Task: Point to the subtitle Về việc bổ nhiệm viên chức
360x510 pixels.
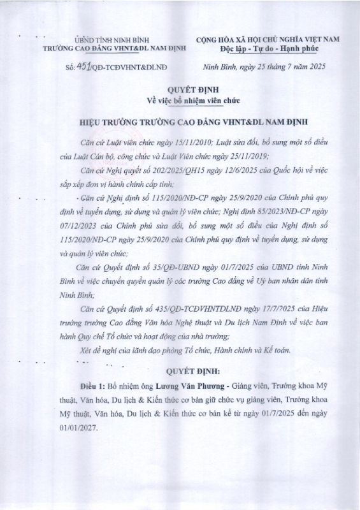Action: (180, 101)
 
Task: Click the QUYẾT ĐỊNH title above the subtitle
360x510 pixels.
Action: (180, 90)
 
